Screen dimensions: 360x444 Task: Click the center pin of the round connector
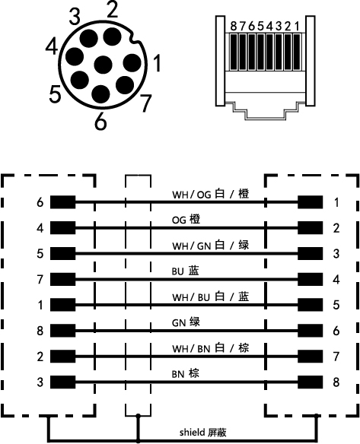click(x=103, y=65)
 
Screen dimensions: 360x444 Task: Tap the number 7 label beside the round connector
click(x=145, y=103)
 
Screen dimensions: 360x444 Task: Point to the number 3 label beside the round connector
click(x=75, y=17)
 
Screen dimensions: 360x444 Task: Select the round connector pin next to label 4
click(x=75, y=56)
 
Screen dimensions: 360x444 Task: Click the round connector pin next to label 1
click(x=132, y=63)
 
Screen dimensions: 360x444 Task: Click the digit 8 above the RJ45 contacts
click(x=234, y=27)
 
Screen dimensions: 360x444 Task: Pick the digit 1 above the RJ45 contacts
click(x=297, y=27)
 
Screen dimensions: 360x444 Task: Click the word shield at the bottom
click(x=192, y=433)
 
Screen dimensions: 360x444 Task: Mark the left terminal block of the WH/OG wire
click(x=63, y=202)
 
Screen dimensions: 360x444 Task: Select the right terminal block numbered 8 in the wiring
click(x=310, y=382)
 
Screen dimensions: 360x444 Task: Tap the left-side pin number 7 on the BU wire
click(x=40, y=280)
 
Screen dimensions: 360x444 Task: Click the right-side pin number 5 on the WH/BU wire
click(x=336, y=305)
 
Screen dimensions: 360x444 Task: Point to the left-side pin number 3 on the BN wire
click(x=40, y=382)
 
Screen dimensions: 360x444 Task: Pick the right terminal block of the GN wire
click(x=310, y=331)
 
